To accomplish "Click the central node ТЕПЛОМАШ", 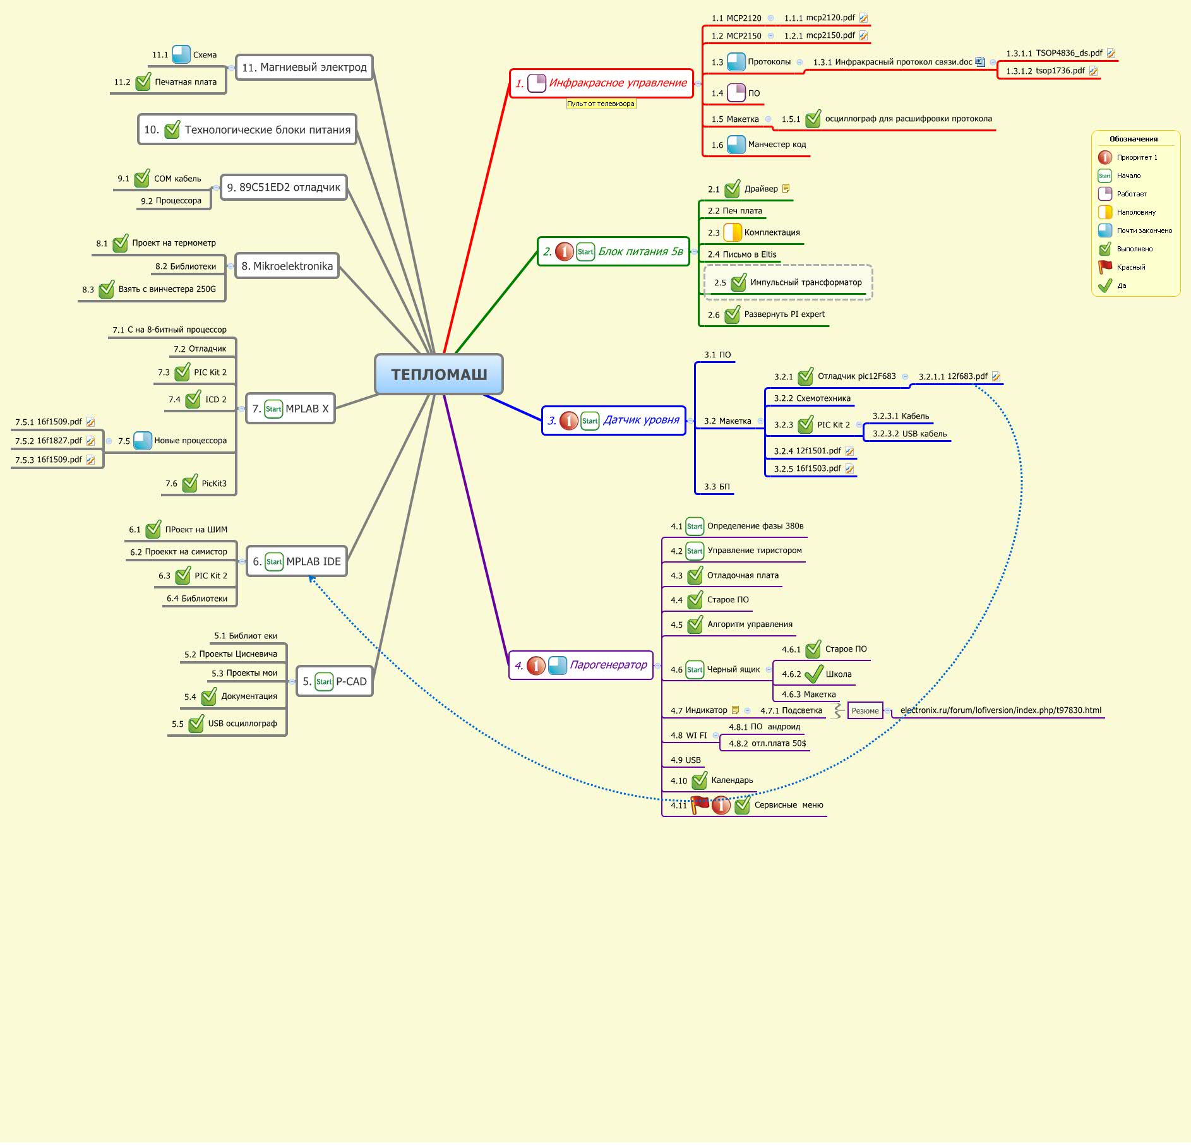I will tap(439, 374).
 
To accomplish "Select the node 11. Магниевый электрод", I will tap(304, 68).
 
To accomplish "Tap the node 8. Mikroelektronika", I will tap(287, 266).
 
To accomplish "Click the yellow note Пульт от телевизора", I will tap(601, 104).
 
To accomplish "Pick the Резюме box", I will tap(865, 711).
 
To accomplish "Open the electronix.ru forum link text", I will tap(1000, 710).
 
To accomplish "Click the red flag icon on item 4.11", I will tap(700, 804).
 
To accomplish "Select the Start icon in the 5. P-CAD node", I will tap(324, 681).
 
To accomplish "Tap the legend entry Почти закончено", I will tap(1144, 230).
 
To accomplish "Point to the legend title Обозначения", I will tap(1134, 139).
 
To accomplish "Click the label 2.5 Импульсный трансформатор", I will tap(805, 282).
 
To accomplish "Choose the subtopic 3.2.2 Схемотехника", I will tap(812, 398).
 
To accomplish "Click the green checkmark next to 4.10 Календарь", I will tap(699, 780).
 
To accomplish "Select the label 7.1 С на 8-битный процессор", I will tap(169, 330).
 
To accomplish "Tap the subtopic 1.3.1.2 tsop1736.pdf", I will tap(1051, 71).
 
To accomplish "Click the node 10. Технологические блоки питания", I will tap(248, 129).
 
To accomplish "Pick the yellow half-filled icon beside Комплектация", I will tap(732, 232).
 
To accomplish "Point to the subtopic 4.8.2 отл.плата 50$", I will tap(767, 743).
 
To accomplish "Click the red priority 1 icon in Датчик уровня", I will tap(568, 421).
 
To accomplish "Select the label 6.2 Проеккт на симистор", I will tap(179, 552).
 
